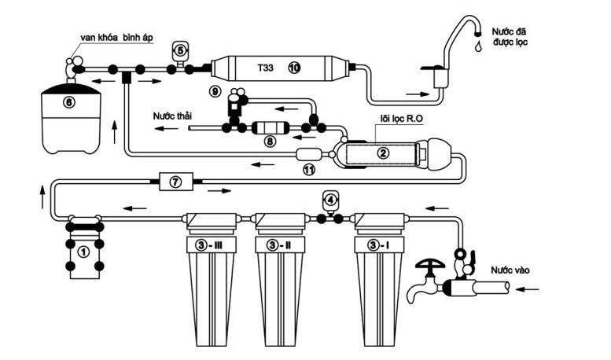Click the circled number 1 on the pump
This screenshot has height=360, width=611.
tap(83, 252)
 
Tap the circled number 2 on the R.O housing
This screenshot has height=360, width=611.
tap(383, 152)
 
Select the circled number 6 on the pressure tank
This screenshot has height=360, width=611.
tap(69, 102)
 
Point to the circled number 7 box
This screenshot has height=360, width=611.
tap(176, 182)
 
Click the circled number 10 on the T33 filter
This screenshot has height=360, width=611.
tap(294, 68)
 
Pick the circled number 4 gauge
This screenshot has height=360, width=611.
tap(330, 200)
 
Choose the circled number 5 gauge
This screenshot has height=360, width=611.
tap(180, 50)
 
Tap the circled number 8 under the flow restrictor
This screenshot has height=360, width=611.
tap(270, 141)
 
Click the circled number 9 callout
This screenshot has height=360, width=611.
tap(215, 92)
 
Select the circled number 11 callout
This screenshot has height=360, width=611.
tap(309, 170)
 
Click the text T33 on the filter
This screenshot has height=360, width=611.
tap(265, 68)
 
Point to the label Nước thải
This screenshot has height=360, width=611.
tap(172, 116)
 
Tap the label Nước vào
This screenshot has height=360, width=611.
tap(510, 270)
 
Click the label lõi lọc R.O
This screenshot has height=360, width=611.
tap(401, 119)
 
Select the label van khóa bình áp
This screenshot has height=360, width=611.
tap(116, 38)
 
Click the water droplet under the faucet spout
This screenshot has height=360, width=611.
tap(478, 46)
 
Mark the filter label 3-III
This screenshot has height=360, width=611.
tap(212, 245)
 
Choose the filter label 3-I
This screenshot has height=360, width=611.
tap(378, 245)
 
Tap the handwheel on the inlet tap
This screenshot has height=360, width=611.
tap(430, 264)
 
